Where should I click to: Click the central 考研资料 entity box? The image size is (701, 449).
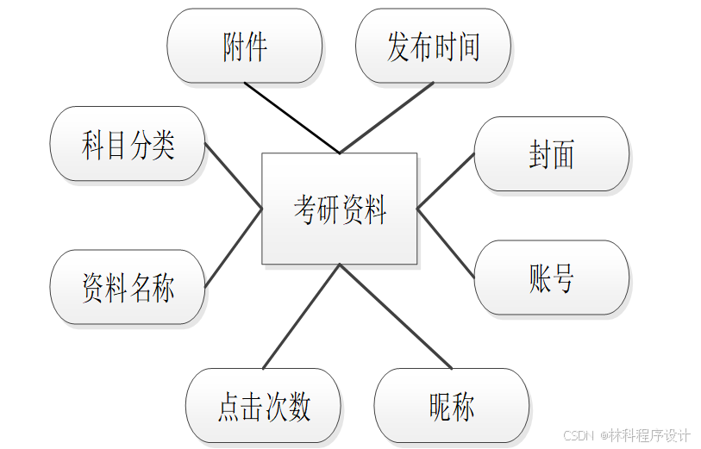pyautogui.click(x=339, y=209)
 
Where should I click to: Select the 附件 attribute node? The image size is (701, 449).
pyautogui.click(x=244, y=46)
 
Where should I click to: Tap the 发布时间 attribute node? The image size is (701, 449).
pyautogui.click(x=433, y=46)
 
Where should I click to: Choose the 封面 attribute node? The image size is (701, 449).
pyautogui.click(x=552, y=154)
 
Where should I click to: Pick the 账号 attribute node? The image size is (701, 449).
pyautogui.click(x=552, y=278)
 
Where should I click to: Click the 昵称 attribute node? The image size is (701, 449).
pyautogui.click(x=451, y=406)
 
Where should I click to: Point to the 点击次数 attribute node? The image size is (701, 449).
pyautogui.click(x=263, y=406)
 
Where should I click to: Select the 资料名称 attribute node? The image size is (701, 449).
pyautogui.click(x=128, y=288)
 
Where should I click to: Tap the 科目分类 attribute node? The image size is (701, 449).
pyautogui.click(x=128, y=145)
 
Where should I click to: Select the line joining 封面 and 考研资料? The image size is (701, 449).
pyautogui.click(x=446, y=181)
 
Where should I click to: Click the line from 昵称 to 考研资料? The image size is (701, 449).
pyautogui.click(x=395, y=315)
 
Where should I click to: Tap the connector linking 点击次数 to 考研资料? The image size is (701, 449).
pyautogui.click(x=302, y=315)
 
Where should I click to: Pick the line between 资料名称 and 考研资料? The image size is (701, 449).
pyautogui.click(x=233, y=247)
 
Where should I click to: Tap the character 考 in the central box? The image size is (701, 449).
pyautogui.click(x=304, y=209)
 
